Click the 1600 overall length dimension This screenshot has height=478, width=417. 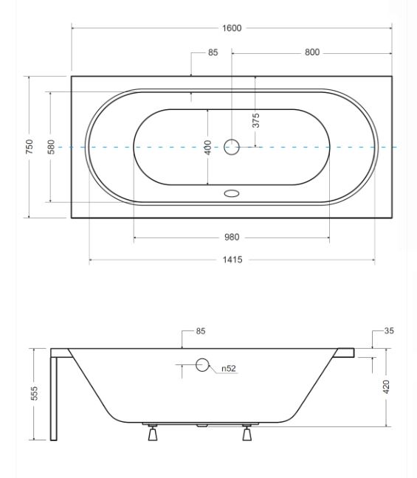click(x=232, y=28)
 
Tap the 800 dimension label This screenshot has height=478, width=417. click(x=312, y=52)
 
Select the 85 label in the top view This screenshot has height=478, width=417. click(x=213, y=52)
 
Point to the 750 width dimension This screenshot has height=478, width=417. click(x=30, y=146)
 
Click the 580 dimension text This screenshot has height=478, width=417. click(x=52, y=147)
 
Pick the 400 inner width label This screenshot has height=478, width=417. click(x=207, y=148)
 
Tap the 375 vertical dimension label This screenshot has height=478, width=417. click(x=256, y=120)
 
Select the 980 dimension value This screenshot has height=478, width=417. click(x=232, y=238)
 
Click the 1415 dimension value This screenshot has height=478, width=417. click(x=232, y=260)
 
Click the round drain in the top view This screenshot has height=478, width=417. click(x=232, y=147)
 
